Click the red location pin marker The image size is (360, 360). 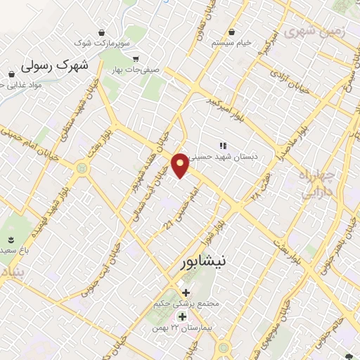click(181, 165)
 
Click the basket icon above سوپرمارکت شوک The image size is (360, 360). click(103, 32)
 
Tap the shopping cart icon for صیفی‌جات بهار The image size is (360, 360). click(135, 59)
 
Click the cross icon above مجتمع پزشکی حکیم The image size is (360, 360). click(186, 292)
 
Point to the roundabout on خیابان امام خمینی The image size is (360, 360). click(83, 169)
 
